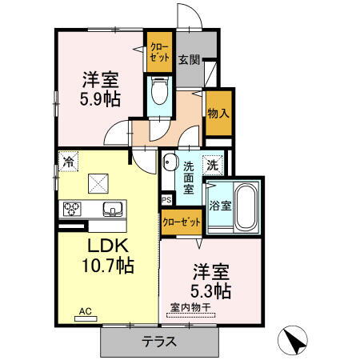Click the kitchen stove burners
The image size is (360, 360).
click(x=71, y=210)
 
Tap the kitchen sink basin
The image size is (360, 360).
click(x=112, y=210)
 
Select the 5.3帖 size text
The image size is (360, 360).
click(x=210, y=290)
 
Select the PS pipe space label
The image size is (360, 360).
click(x=166, y=200)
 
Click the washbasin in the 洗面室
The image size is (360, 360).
click(x=169, y=165)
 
